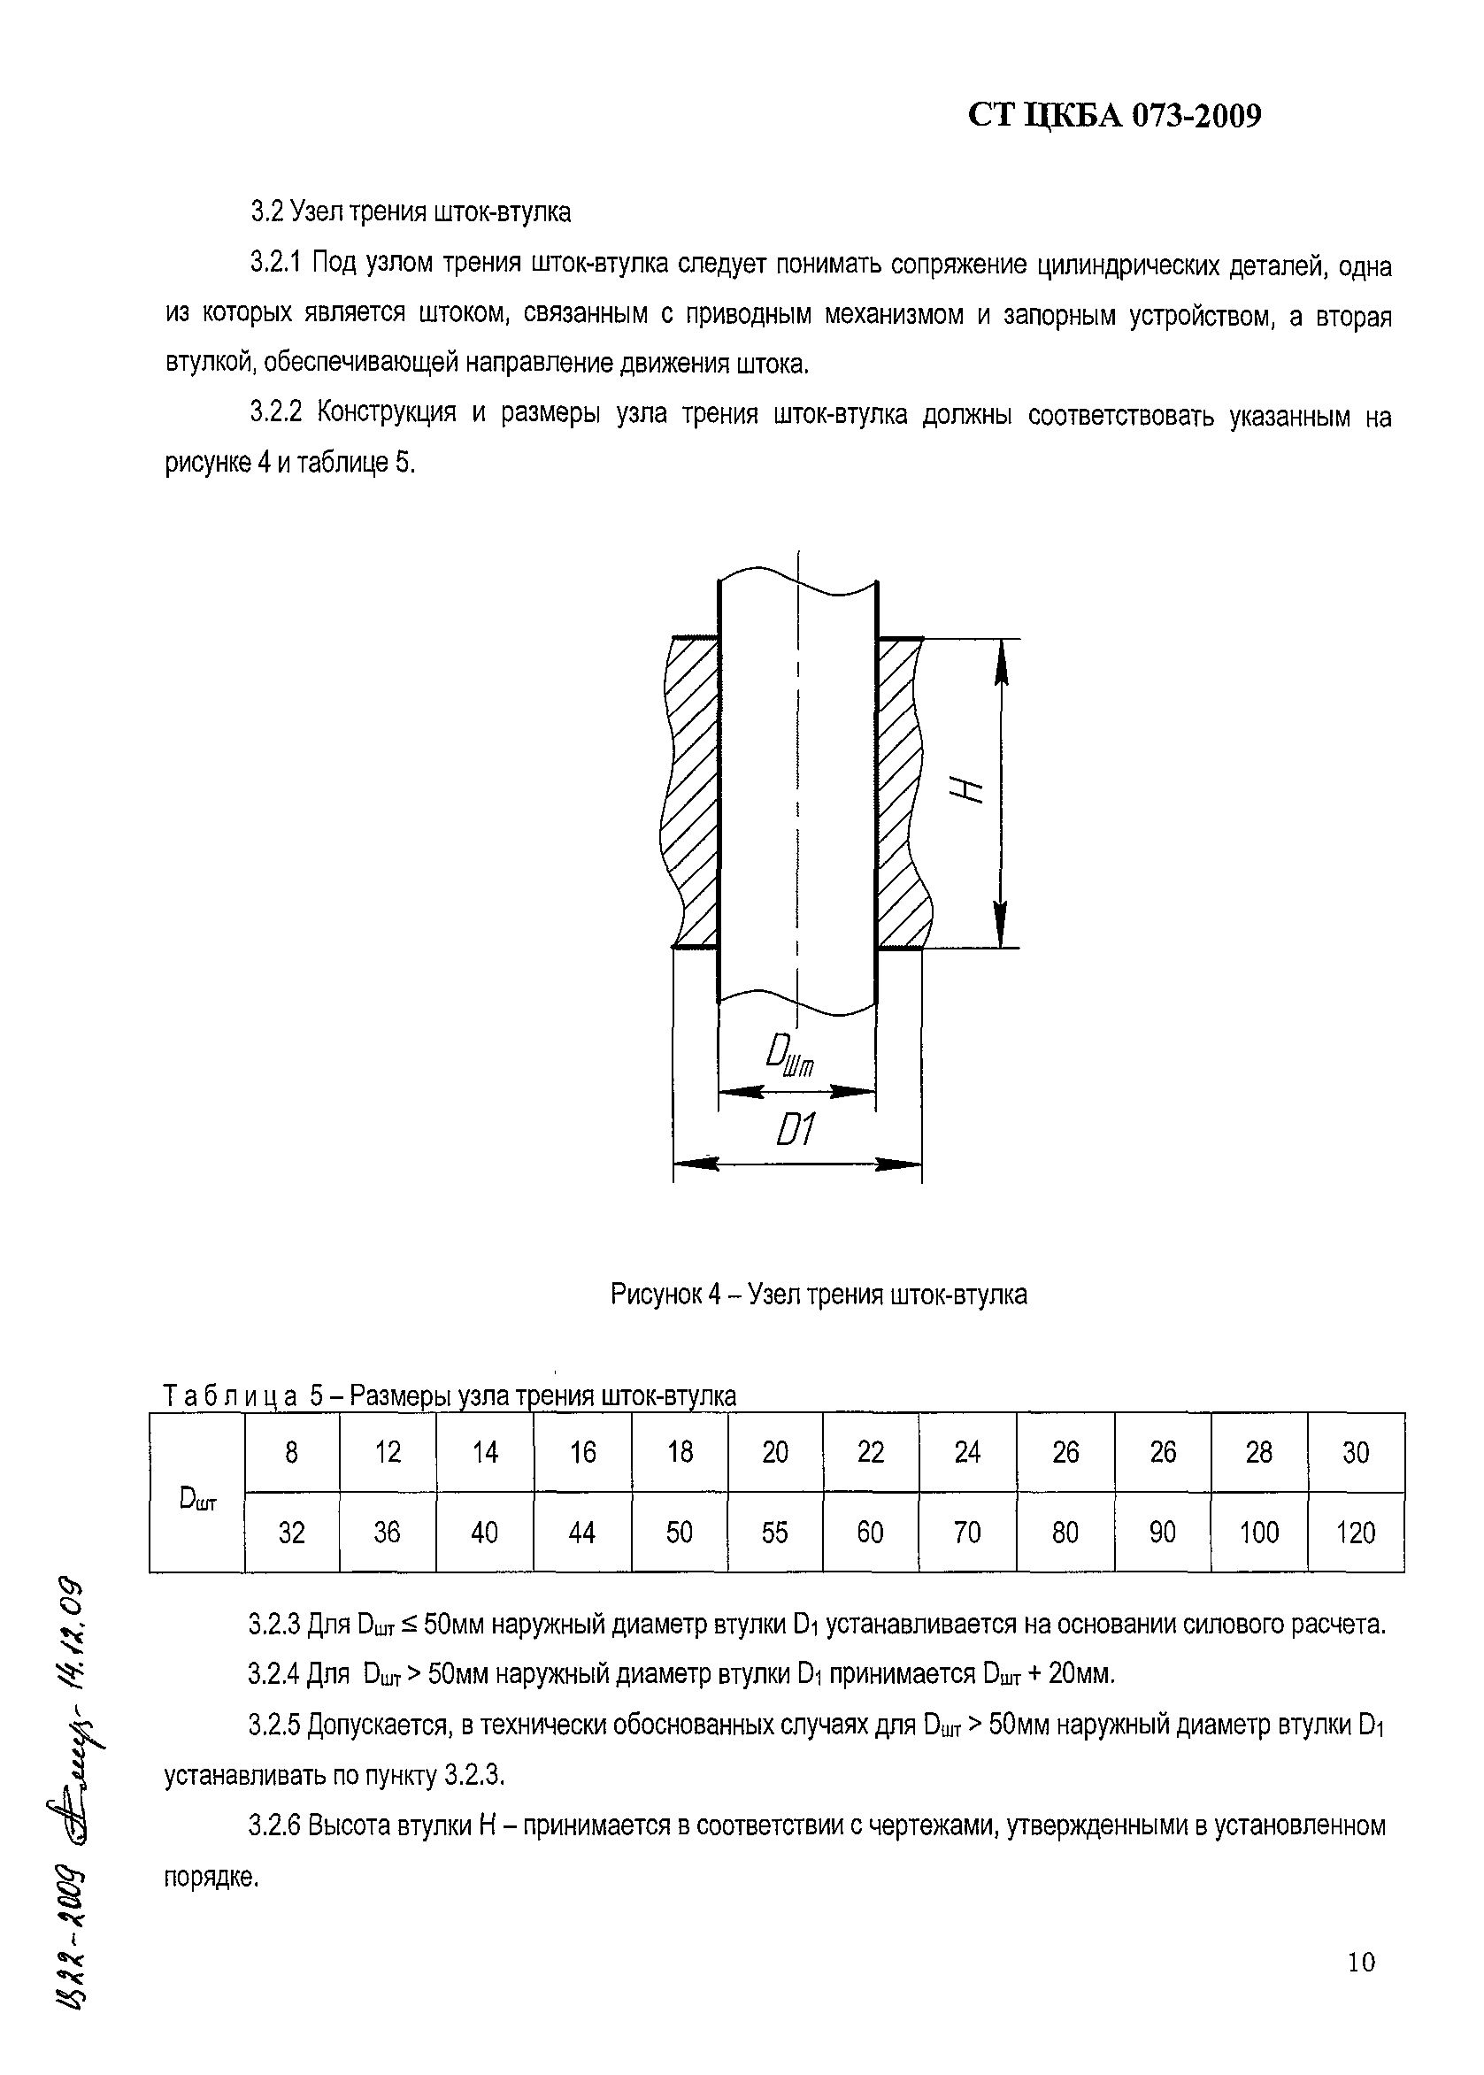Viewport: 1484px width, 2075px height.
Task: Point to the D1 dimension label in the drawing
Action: pos(794,1134)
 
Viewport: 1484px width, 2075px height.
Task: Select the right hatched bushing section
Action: pos(902,791)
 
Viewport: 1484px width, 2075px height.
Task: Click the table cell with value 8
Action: pos(291,1453)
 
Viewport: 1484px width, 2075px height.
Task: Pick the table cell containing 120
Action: pos(1355,1533)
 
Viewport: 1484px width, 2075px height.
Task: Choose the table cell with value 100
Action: pos(1258,1533)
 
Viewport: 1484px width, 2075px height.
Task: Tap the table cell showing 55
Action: pos(774,1533)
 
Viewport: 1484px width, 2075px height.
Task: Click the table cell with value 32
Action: pos(291,1533)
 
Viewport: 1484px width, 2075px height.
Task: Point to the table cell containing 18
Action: pos(679,1453)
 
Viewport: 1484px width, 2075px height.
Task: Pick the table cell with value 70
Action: pos(967,1533)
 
